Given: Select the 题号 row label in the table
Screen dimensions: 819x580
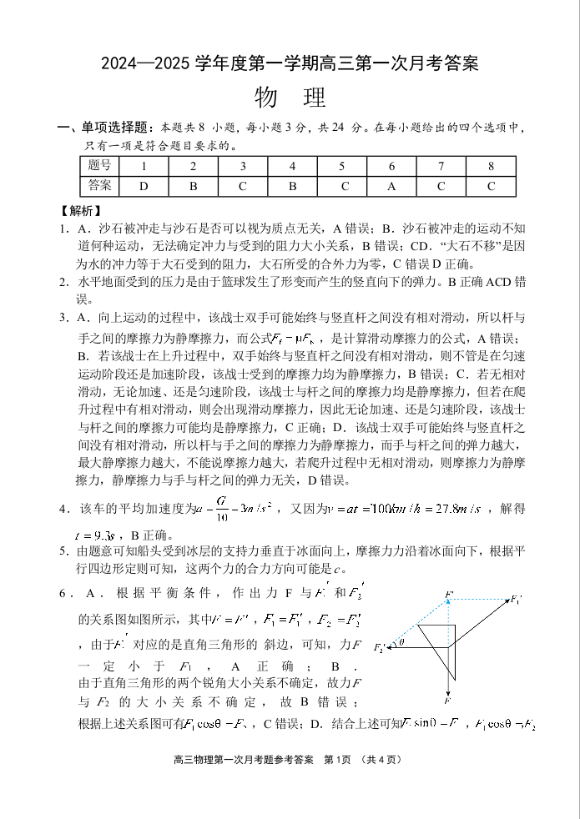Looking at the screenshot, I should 99,165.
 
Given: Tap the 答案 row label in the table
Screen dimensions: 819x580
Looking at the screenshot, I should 99,185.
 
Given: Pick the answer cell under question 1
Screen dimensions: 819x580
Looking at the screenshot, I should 144,185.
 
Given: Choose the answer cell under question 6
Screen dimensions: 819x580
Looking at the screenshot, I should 391,185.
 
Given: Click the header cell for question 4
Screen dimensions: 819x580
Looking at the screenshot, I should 293,165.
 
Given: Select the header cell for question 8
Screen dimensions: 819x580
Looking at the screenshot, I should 491,165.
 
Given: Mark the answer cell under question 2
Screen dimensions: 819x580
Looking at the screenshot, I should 193,185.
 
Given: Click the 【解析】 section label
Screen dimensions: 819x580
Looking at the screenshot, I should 80,211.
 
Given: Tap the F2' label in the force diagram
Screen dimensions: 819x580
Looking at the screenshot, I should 381,648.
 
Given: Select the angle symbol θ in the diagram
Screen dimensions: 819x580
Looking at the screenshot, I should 401,642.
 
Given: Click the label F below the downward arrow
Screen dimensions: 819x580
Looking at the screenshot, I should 449,701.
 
